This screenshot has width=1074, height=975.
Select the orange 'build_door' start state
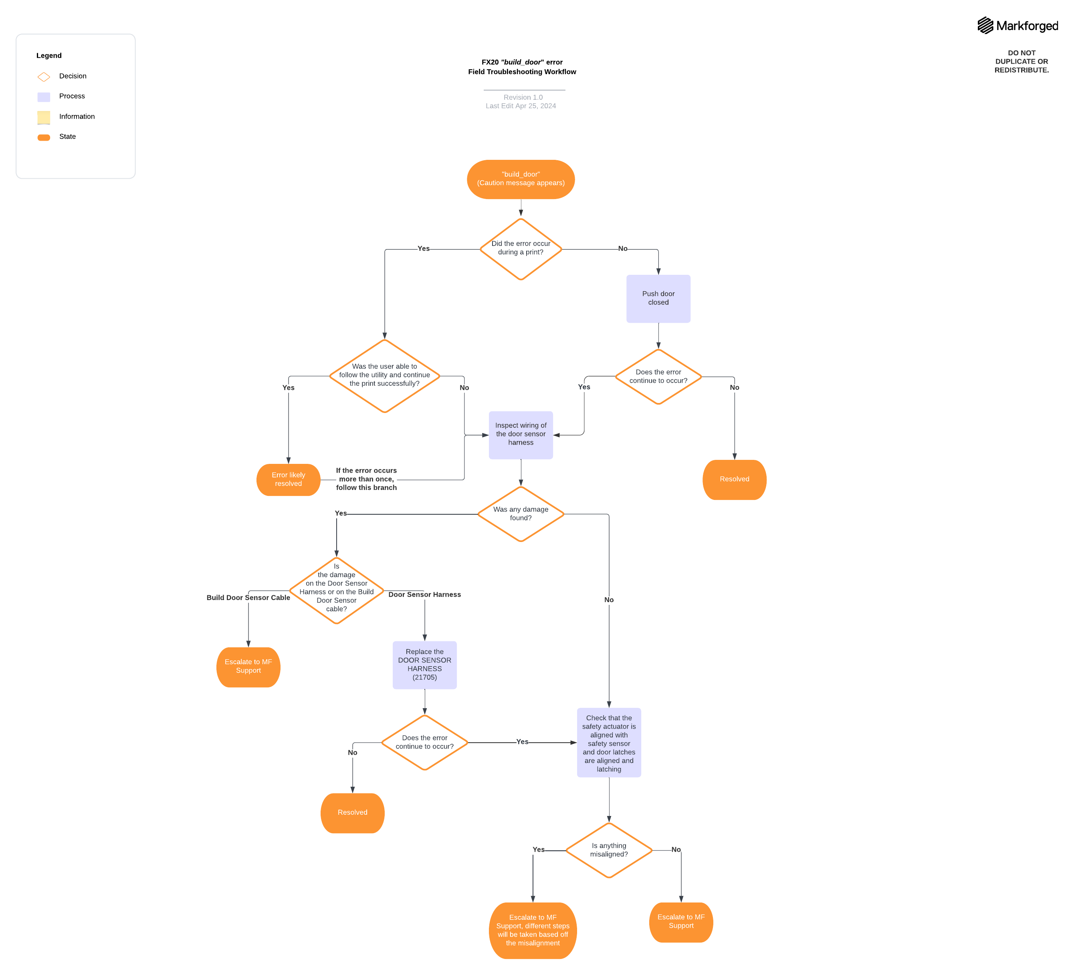click(521, 179)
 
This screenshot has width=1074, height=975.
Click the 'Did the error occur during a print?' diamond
click(521, 249)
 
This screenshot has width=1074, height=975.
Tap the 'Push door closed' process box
click(658, 298)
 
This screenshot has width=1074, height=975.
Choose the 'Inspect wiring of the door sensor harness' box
click(521, 435)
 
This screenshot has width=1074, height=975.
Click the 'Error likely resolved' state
click(288, 479)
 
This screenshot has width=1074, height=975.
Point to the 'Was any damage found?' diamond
click(521, 514)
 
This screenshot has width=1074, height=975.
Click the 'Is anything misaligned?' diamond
click(608, 850)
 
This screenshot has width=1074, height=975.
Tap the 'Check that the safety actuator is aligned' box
click(608, 742)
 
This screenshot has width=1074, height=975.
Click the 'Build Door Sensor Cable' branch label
click(248, 598)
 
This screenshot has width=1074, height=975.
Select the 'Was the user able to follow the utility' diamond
click(384, 375)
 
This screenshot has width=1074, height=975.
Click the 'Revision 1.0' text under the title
click(523, 97)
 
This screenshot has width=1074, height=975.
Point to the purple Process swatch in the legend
click(44, 97)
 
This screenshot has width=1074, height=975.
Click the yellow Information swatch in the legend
click(44, 117)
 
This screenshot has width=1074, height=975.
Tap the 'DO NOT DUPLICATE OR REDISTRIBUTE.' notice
click(1021, 61)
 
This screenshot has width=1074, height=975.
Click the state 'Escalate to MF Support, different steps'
click(532, 930)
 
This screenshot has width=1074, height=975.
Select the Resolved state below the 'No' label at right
click(734, 479)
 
